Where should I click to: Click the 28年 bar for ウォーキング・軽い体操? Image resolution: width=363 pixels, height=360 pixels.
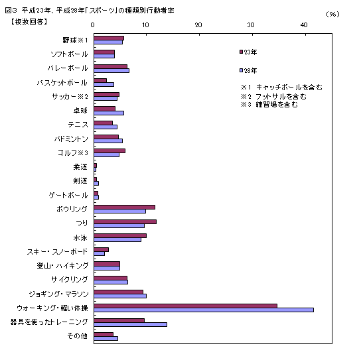(203, 310)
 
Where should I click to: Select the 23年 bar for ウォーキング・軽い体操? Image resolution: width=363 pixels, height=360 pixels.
(185, 306)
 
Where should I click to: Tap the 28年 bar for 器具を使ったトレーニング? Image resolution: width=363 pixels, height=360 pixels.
(130, 324)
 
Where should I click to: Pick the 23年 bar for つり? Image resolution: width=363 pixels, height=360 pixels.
(125, 221)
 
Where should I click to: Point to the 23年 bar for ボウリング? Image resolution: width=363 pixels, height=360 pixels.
(124, 207)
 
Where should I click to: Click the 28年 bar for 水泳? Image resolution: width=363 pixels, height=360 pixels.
(117, 239)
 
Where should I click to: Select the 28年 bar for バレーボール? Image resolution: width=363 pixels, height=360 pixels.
(111, 70)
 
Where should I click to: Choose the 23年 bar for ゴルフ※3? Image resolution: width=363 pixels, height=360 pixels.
(109, 150)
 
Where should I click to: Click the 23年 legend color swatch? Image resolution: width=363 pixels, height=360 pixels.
(240, 51)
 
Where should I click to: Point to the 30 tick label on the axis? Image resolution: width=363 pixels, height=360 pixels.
(251, 25)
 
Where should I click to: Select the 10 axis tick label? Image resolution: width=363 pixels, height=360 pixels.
(145, 25)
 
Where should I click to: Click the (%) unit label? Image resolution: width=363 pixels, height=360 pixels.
(332, 13)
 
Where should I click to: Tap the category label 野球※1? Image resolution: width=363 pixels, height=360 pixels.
(75, 40)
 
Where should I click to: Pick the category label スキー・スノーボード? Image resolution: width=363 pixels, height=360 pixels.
(57, 251)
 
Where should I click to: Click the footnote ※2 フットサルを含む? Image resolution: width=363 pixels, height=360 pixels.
(273, 96)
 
